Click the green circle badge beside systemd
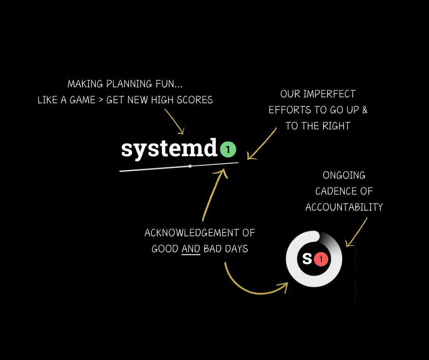point(228,149)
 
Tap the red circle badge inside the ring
point(321,259)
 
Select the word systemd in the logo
point(169,149)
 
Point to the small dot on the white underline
point(190,166)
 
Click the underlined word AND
point(191,249)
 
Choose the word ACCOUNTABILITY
point(344,207)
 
